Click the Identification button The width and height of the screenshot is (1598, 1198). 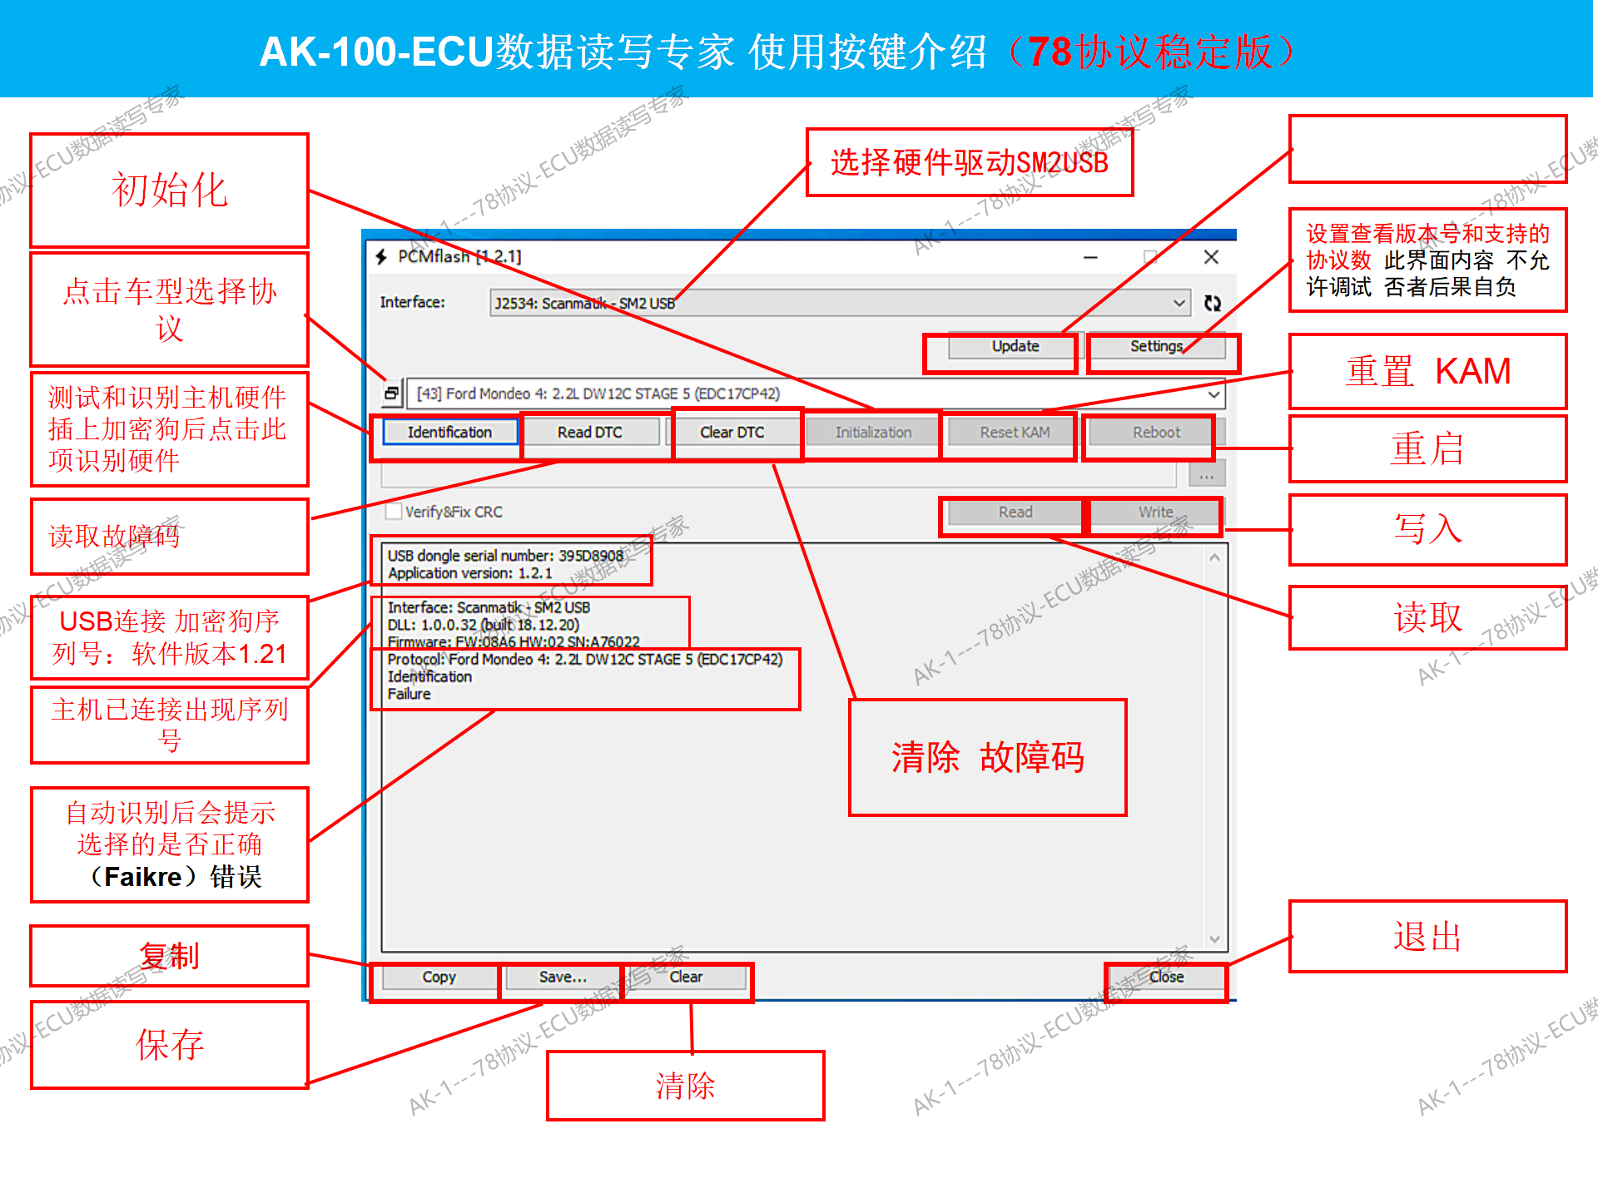(449, 433)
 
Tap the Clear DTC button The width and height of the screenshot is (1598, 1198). (732, 433)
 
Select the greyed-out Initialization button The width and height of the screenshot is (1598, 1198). (873, 433)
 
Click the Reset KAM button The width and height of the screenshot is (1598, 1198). (1015, 433)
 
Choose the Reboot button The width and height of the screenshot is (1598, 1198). (1155, 433)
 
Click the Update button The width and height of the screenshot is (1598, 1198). (1015, 346)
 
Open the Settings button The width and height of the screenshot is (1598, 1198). (1156, 346)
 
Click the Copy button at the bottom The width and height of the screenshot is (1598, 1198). (439, 977)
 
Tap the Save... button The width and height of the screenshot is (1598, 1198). (563, 977)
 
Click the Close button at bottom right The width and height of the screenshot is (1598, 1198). (1166, 977)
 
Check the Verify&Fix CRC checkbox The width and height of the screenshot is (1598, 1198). (395, 512)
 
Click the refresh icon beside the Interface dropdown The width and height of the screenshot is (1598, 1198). (1213, 304)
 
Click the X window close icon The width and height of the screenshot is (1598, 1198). (1211, 257)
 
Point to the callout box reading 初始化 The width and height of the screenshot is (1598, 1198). (169, 190)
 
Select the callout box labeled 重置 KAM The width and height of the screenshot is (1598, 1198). (1427, 371)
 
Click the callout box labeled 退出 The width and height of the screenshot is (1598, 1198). (1427, 936)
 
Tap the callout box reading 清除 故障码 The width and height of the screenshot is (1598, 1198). (987, 757)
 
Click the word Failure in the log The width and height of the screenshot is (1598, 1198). (409, 694)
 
